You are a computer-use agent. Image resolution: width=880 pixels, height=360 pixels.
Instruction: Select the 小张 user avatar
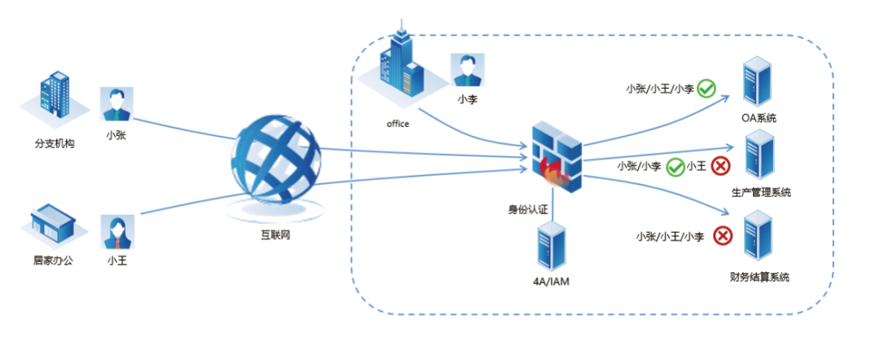pos(117,104)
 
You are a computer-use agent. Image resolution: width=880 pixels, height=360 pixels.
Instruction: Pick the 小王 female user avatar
pos(117,231)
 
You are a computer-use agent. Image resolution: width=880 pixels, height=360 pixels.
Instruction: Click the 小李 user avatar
pos(467,70)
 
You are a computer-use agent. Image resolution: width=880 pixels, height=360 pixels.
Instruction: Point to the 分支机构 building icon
pos(55,99)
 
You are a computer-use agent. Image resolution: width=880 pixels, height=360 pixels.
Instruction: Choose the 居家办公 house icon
pos(53,224)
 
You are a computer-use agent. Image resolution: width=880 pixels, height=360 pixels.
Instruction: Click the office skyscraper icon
pos(399,65)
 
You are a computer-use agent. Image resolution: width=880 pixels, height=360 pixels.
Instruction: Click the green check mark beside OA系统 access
pos(706,88)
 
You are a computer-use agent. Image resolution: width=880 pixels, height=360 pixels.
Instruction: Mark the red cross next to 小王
pos(720,166)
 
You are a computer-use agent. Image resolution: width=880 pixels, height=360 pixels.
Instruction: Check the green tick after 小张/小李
pos(675,166)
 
